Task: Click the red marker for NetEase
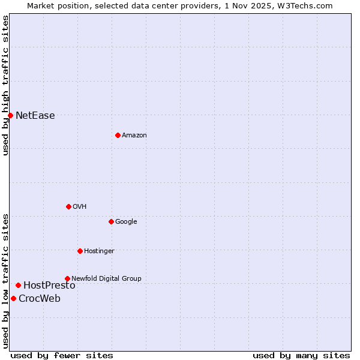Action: click(10, 115)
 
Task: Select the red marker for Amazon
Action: click(118, 135)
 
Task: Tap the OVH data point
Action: click(68, 206)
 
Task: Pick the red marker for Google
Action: click(111, 221)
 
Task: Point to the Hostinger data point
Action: click(80, 251)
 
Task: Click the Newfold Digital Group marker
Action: click(67, 278)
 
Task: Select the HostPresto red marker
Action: click(18, 285)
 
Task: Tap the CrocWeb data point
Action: click(13, 298)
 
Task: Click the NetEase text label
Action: click(35, 116)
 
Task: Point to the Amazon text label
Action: click(134, 136)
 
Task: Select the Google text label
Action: click(126, 222)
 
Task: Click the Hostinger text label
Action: click(99, 251)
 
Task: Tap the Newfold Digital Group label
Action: click(106, 278)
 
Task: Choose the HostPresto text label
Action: click(49, 286)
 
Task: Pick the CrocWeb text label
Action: click(40, 299)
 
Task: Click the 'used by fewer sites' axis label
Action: click(62, 356)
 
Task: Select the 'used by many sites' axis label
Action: click(301, 356)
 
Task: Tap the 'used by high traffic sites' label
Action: click(6, 85)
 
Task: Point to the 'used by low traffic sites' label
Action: click(6, 281)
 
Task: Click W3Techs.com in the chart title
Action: click(307, 5)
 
